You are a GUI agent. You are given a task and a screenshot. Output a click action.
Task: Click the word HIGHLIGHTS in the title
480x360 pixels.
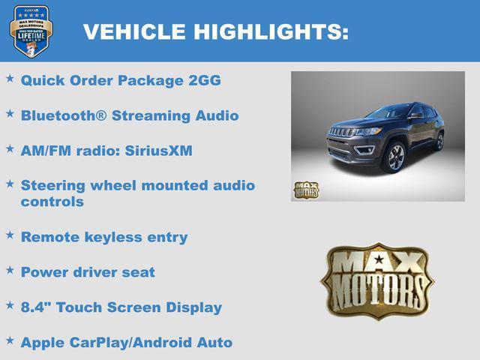271,31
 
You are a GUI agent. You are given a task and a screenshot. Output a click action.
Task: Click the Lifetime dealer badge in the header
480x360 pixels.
31,31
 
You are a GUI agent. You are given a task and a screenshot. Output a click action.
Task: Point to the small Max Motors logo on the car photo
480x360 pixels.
305,190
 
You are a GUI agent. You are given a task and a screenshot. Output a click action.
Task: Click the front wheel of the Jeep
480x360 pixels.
394,157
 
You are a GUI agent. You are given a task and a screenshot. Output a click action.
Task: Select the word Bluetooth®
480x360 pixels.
62,115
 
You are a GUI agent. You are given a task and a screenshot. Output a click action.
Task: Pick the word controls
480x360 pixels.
52,202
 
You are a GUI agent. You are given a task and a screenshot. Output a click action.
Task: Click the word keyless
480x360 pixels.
117,237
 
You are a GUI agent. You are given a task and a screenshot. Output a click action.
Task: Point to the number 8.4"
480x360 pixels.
35,307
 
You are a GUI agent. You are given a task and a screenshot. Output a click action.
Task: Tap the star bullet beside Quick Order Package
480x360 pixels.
10,78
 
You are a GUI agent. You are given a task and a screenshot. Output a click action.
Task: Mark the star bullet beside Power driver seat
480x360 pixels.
10,270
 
